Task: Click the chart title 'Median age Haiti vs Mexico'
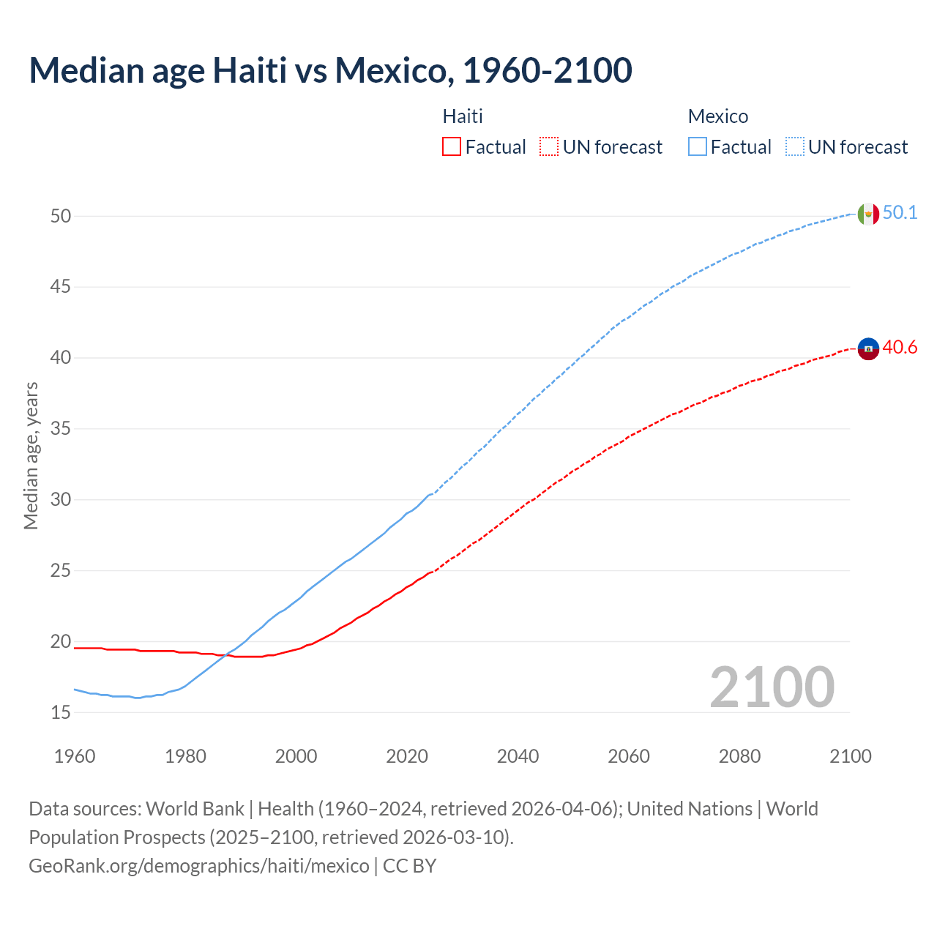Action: [329, 70]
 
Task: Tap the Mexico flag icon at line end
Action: [867, 214]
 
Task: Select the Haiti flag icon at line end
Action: [867, 349]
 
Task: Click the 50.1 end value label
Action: [900, 212]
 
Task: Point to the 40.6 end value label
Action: [900, 347]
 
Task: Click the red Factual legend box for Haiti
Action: [452, 147]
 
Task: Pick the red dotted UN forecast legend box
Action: [549, 147]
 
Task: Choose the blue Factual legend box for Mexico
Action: [698, 147]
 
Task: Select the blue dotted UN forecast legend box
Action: [795, 147]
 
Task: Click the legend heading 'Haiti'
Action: [463, 116]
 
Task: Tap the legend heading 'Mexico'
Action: [717, 116]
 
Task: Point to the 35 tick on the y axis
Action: [61, 428]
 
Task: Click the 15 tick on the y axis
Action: [61, 712]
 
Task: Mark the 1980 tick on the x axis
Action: [185, 756]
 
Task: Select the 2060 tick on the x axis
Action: [629, 756]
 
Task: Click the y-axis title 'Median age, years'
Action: [31, 455]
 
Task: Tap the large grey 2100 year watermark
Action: [772, 687]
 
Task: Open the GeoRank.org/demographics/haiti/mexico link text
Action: [199, 866]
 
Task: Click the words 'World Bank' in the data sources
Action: [195, 809]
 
